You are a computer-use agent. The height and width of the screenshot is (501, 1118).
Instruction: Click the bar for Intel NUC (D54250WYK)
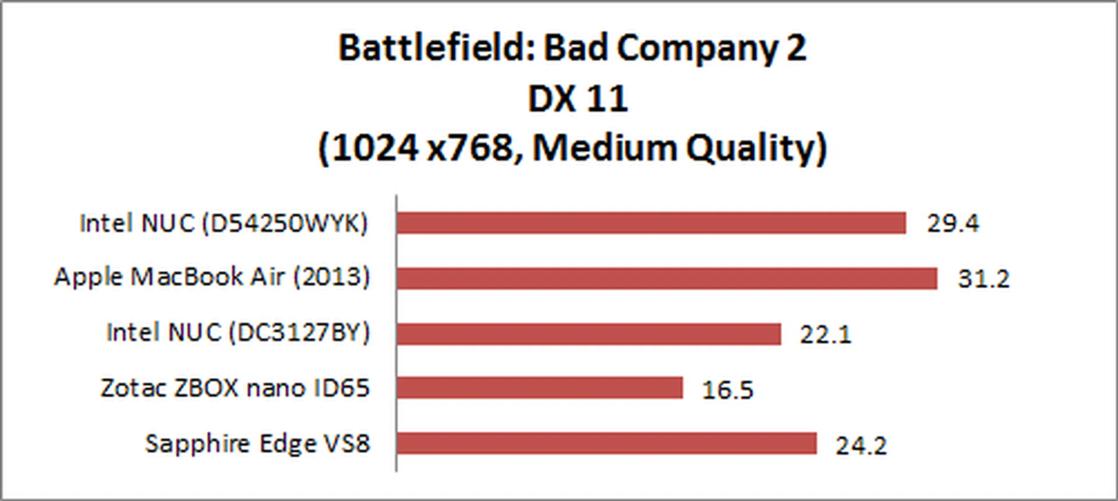click(x=651, y=223)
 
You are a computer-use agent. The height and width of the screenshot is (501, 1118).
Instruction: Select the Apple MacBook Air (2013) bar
click(x=667, y=278)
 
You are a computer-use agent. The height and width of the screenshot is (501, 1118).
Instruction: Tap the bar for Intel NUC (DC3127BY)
click(x=588, y=334)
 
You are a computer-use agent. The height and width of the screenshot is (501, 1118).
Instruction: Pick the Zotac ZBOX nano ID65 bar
click(x=539, y=388)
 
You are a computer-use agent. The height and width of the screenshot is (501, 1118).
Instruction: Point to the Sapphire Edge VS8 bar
click(x=606, y=443)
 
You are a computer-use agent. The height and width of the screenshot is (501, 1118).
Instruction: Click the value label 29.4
click(x=953, y=223)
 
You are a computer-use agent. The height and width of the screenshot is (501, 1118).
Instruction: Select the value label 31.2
click(x=983, y=279)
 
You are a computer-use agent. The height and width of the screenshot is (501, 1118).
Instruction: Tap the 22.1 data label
click(x=825, y=335)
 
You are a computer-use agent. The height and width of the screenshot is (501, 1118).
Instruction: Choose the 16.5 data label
click(x=727, y=390)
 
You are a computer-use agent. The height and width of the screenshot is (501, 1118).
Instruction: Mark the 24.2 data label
click(x=861, y=446)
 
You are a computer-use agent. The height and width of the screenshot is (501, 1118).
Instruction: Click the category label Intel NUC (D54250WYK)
click(x=224, y=223)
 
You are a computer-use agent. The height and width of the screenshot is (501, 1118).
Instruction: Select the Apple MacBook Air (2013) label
click(x=212, y=277)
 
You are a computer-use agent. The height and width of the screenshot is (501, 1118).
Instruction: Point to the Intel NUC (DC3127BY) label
click(x=238, y=333)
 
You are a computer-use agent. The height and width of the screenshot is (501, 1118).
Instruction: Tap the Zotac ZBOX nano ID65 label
click(x=235, y=388)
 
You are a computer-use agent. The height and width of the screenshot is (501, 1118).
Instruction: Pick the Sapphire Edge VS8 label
click(x=257, y=444)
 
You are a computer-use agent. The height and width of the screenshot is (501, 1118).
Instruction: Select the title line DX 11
click(x=577, y=99)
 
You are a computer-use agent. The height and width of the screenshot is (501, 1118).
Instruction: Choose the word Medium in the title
click(x=604, y=148)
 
